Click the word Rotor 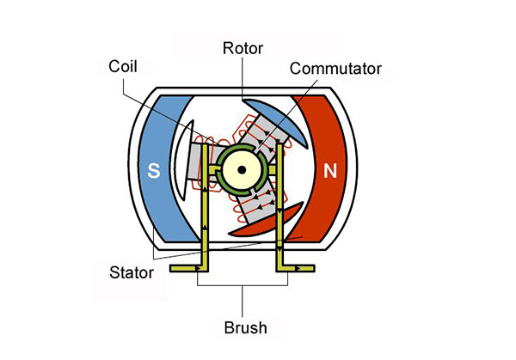tap(244, 46)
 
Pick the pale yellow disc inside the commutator tap(243, 163)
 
